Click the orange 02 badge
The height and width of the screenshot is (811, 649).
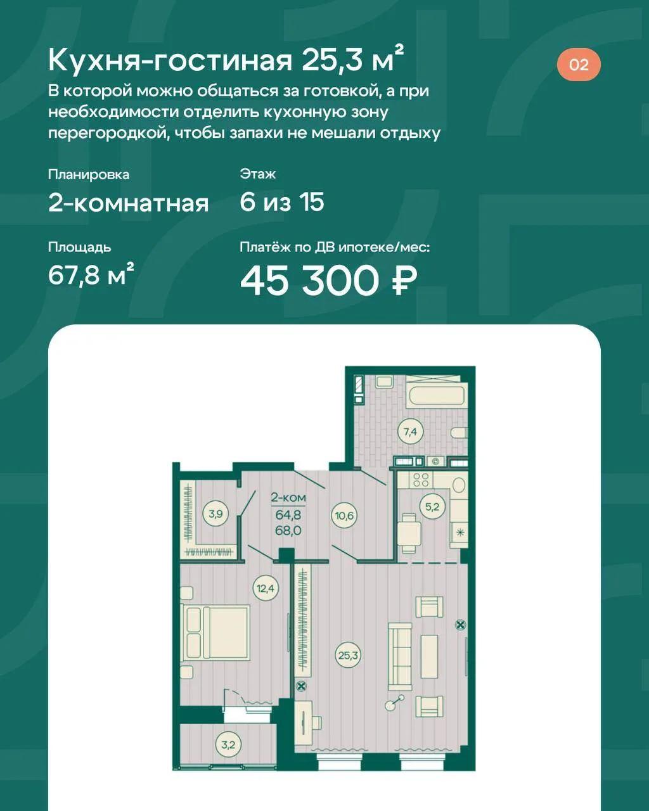point(579,65)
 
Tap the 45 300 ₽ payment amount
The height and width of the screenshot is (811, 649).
point(329,281)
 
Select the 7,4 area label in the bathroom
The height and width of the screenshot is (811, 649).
point(410,431)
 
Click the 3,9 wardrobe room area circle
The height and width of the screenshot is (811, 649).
point(216,514)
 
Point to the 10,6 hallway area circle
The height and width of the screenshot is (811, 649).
point(344,515)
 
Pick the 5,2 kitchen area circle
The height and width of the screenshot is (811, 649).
point(432,507)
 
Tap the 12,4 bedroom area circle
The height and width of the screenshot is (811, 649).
point(266,588)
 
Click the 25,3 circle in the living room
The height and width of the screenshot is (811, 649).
point(348,655)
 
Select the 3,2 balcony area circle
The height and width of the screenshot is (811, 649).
point(228,744)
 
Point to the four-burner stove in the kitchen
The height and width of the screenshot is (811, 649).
point(421,480)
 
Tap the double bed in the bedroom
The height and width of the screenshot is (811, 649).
point(215,632)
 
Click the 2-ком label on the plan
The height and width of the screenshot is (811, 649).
point(288,497)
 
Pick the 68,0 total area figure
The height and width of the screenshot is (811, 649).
point(288,530)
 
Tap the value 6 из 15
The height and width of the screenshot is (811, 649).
point(282,202)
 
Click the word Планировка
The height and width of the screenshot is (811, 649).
point(89,174)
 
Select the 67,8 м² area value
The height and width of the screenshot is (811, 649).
point(91,275)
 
